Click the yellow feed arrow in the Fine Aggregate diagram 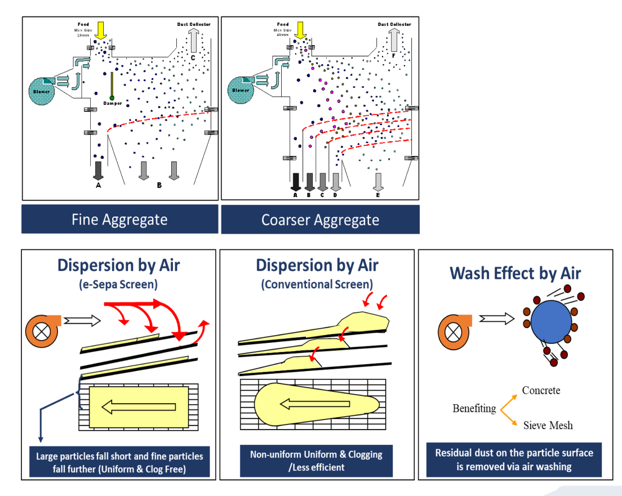(101, 30)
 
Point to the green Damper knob (112, 98)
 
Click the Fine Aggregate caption (119, 219)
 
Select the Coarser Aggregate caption (320, 220)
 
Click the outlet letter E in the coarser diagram (377, 195)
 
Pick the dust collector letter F (393, 56)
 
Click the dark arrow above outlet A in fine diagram (99, 170)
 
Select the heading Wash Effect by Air (515, 274)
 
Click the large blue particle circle (550, 324)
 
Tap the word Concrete (541, 390)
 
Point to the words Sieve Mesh (548, 425)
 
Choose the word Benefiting (474, 408)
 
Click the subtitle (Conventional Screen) (317, 284)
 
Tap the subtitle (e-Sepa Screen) (118, 284)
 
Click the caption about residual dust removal (514, 459)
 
